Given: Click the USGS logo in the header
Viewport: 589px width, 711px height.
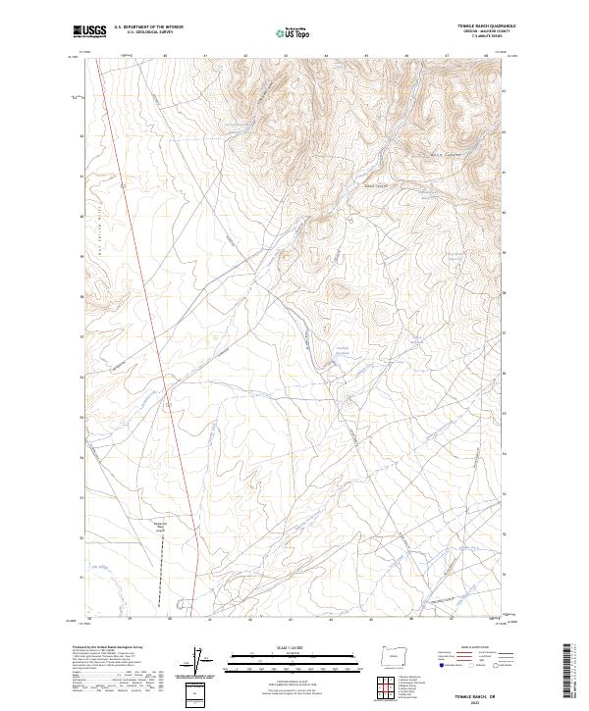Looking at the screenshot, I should (x=90, y=31).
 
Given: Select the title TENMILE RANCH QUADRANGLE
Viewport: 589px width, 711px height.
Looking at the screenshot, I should (x=483, y=26).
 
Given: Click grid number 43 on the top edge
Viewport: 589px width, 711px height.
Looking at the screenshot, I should (x=286, y=57).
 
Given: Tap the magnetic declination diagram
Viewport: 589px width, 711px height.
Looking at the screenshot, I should (x=201, y=661).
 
